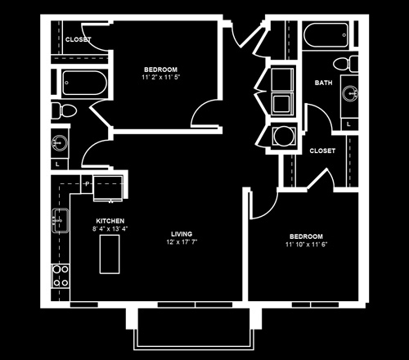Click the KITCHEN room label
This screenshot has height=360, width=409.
[x=110, y=221]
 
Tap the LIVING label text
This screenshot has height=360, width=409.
[x=182, y=234]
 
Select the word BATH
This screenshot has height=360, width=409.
[x=324, y=83]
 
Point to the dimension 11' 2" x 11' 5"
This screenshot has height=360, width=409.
[x=161, y=77]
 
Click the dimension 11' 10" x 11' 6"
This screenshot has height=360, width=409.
[x=306, y=244]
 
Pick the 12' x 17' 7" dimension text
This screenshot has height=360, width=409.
[x=182, y=241]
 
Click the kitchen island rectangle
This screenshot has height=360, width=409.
[x=110, y=254]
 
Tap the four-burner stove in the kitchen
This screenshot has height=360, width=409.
[x=61, y=276]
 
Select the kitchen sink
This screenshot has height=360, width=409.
[x=61, y=220]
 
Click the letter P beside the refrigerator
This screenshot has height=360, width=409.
[x=87, y=184]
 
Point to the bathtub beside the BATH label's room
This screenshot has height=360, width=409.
[x=326, y=35]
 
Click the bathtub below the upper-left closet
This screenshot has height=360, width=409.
[x=84, y=83]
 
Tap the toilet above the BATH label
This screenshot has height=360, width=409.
[x=345, y=64]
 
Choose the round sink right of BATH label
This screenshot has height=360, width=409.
[x=350, y=93]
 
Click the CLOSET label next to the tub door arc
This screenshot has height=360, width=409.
[x=79, y=39]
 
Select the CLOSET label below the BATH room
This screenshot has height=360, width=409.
[x=322, y=151]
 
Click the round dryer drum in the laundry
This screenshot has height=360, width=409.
[x=284, y=136]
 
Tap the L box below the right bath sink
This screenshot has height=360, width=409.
[x=348, y=124]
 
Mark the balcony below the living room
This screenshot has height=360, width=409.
[x=194, y=329]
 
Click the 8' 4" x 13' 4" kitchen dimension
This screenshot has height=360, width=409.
[x=110, y=228]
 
